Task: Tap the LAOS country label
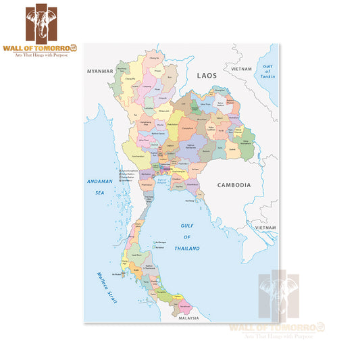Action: point(207,76)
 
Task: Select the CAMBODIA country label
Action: point(234,184)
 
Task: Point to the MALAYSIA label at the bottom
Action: point(188,317)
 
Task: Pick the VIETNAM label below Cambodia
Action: point(265,229)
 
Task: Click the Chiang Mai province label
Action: point(128,80)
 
